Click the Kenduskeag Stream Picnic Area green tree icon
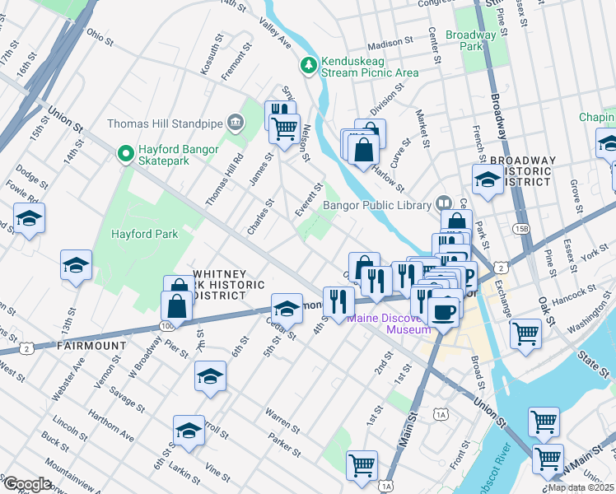(x=309, y=64)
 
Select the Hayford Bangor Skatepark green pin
(x=125, y=154)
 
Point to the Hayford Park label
(x=145, y=234)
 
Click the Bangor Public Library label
(x=377, y=205)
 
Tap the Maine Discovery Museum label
(x=389, y=324)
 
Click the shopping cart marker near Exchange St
(x=525, y=333)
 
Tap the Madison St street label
(x=390, y=42)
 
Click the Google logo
(x=27, y=484)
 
